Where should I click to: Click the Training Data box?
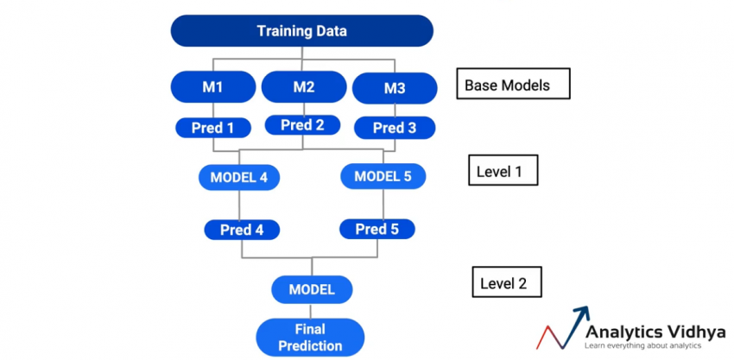pyautogui.click(x=301, y=31)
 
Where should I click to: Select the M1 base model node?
pyautogui.click(x=213, y=86)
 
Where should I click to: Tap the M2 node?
pyautogui.click(x=303, y=86)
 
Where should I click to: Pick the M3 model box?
pyautogui.click(x=394, y=88)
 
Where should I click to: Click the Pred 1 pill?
pyautogui.click(x=213, y=128)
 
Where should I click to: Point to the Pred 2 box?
pyautogui.click(x=303, y=125)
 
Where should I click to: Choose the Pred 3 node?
pyautogui.click(x=394, y=128)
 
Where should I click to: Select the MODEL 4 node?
pyautogui.click(x=239, y=178)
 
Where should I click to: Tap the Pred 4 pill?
pyautogui.click(x=241, y=230)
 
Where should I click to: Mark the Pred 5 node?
pyautogui.click(x=377, y=229)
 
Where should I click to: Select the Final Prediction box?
pyautogui.click(x=309, y=337)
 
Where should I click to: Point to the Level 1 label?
pyautogui.click(x=503, y=171)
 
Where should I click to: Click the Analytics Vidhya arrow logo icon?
pyautogui.click(x=562, y=326)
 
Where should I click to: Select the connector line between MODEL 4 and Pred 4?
pyautogui.click(x=239, y=204)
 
